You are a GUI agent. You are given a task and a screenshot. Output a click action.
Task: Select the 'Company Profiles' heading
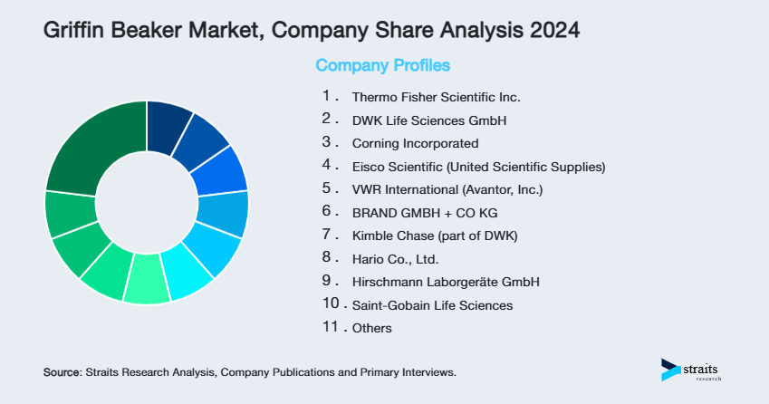click(x=382, y=65)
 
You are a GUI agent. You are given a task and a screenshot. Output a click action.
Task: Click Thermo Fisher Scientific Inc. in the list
click(x=437, y=97)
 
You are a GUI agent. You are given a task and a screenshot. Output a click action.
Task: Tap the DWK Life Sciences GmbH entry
click(x=428, y=120)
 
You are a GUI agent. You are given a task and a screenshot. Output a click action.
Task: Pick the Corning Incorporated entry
click(x=415, y=143)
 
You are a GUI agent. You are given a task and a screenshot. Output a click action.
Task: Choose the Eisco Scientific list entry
click(x=478, y=167)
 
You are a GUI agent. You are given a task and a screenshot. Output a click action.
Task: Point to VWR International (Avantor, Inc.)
click(x=448, y=189)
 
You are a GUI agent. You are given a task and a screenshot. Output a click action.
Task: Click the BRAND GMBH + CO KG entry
click(x=425, y=213)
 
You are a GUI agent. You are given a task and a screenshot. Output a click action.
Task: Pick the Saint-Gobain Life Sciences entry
click(x=432, y=305)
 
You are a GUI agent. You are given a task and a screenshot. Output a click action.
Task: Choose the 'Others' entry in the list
click(x=371, y=328)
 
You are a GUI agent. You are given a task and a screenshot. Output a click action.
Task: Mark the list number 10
click(x=331, y=304)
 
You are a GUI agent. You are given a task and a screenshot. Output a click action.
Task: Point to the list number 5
click(x=327, y=188)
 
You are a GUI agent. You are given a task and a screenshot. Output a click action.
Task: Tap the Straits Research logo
click(x=693, y=369)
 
